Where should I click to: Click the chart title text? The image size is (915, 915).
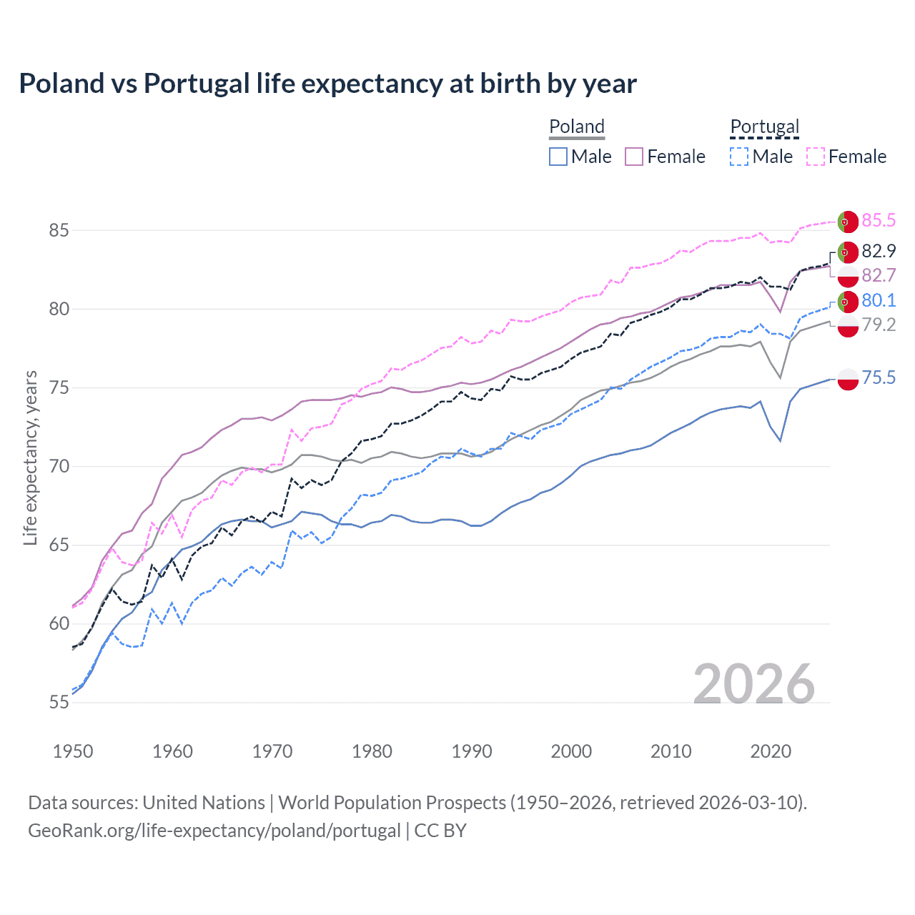pos(327,84)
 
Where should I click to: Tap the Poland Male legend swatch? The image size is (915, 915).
pos(558,157)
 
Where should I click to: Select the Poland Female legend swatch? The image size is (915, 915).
pos(634,157)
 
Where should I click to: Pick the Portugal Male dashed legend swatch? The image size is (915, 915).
pos(739,157)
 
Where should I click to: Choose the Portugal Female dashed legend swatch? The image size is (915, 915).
pos(816,157)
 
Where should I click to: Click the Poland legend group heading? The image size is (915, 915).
pos(577,127)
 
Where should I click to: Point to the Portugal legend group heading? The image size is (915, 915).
pos(764,127)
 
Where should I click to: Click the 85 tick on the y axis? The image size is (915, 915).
pos(59,230)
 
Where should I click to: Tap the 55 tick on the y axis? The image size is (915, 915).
pos(59,702)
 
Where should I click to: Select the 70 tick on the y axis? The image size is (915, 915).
pos(59,466)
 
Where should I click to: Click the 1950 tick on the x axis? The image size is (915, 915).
pos(73,751)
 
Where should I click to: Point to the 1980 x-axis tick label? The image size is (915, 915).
pos(372,751)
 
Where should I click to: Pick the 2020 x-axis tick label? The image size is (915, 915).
pos(771,751)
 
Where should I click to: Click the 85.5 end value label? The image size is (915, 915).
pos(879,220)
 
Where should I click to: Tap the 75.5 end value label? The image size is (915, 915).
pos(879,377)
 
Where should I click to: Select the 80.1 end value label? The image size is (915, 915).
pos(879,300)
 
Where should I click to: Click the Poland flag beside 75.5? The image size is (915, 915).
pos(848,379)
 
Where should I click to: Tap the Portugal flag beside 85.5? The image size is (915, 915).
pos(848,222)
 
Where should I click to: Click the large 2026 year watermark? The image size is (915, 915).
pos(754,684)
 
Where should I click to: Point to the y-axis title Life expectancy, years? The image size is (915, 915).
pos(31,457)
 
